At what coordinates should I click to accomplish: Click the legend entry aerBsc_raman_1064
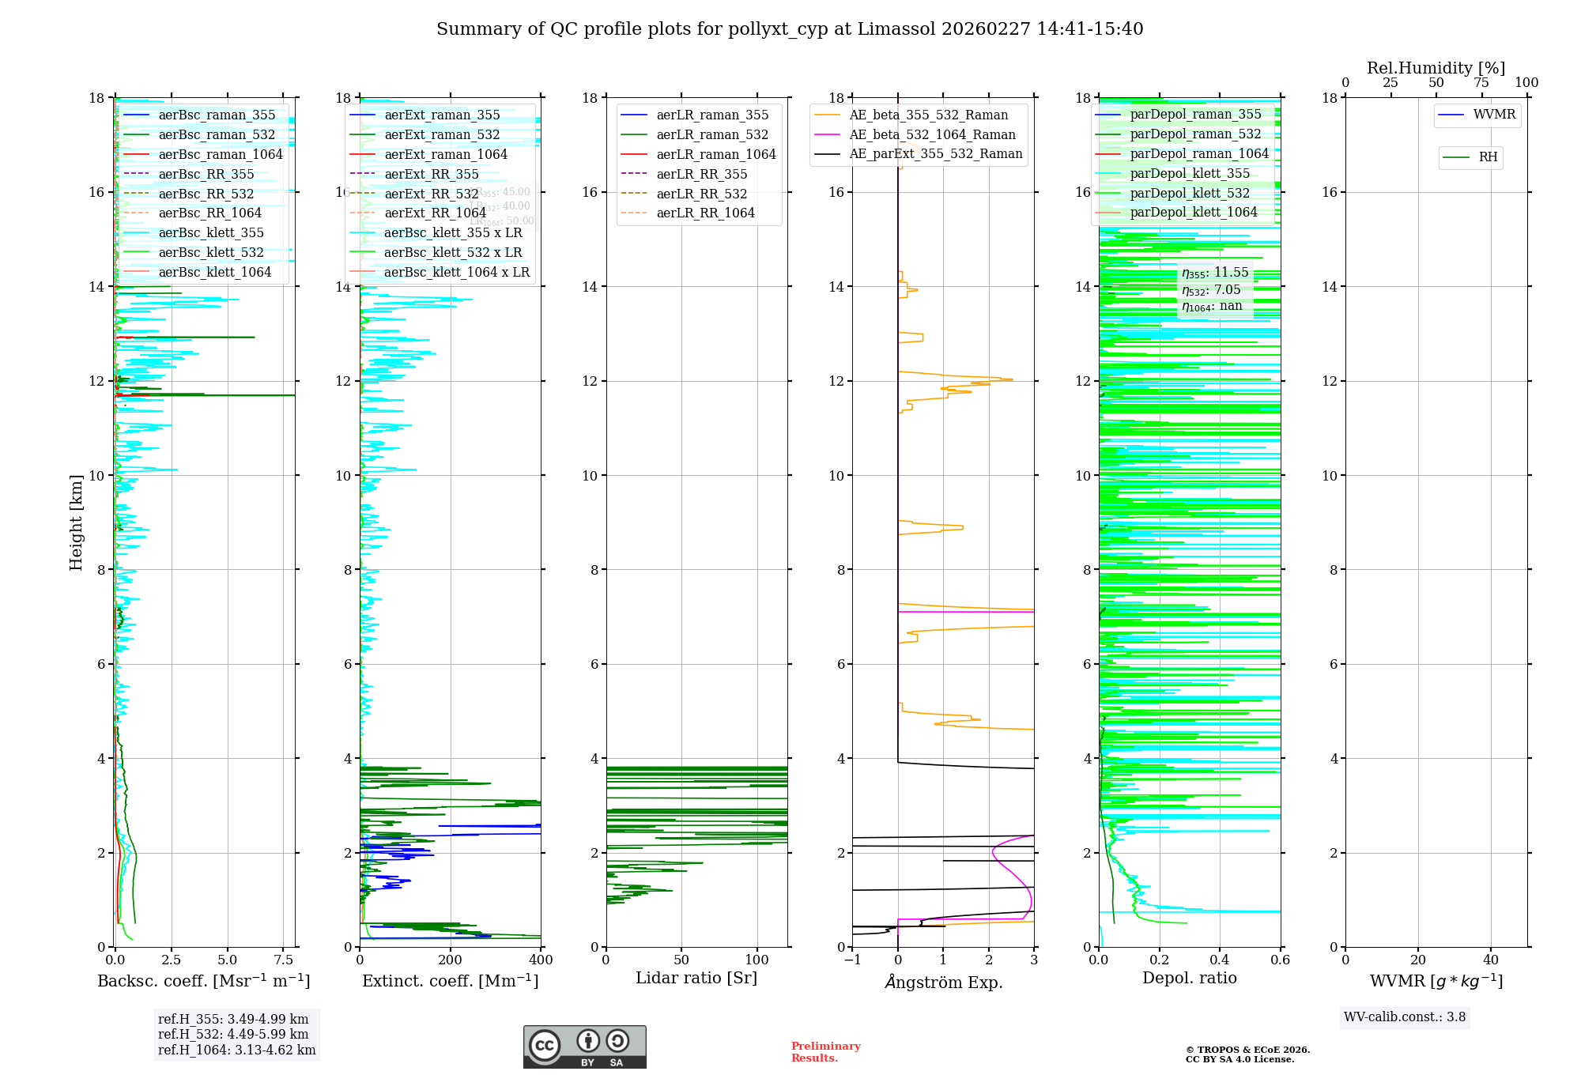coord(221,155)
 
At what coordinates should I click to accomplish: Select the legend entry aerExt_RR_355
coord(432,174)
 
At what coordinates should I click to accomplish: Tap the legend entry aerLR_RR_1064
coord(705,213)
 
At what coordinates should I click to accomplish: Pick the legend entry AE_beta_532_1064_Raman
coord(932,135)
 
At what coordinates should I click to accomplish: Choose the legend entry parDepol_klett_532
coord(1190,194)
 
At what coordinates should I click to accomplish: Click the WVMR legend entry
coord(1494,115)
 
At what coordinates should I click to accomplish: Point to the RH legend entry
coord(1488,157)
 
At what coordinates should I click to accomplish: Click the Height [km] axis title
coord(76,522)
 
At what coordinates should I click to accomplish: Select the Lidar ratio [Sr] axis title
coord(696,979)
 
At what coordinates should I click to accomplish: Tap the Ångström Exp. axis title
coord(943,983)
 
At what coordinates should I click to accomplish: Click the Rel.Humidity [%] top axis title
coord(1436,69)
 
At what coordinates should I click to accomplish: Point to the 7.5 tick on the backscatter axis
coord(284,960)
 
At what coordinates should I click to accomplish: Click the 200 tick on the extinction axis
coord(451,960)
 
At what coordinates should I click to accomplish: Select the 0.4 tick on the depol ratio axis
coord(1220,960)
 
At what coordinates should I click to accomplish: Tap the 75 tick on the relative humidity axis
coord(1481,83)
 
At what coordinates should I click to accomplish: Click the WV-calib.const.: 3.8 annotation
coord(1405,1017)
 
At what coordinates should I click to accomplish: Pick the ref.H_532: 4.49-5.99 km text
coord(233,1035)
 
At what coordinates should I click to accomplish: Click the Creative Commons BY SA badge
coord(584,1047)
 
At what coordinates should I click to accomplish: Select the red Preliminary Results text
coord(825,1052)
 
